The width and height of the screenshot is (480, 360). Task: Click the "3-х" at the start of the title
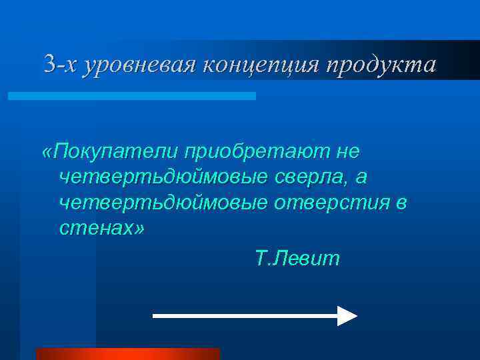(x=61, y=65)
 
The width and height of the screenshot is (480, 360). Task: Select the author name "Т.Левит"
(x=297, y=257)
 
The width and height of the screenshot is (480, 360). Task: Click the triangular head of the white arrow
(x=347, y=315)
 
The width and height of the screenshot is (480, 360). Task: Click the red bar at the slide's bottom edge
(x=127, y=353)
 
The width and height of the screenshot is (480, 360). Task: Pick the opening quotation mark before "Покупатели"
(x=47, y=152)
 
